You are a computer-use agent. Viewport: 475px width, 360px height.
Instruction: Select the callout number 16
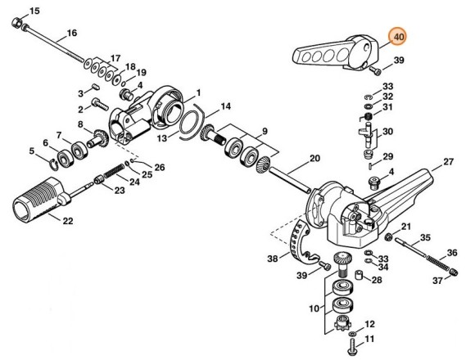coord(71,33)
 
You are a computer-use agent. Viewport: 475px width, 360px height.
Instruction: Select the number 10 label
coord(313,309)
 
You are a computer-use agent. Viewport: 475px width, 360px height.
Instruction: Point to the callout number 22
coord(66,220)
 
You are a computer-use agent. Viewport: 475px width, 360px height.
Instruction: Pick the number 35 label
coord(424,238)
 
